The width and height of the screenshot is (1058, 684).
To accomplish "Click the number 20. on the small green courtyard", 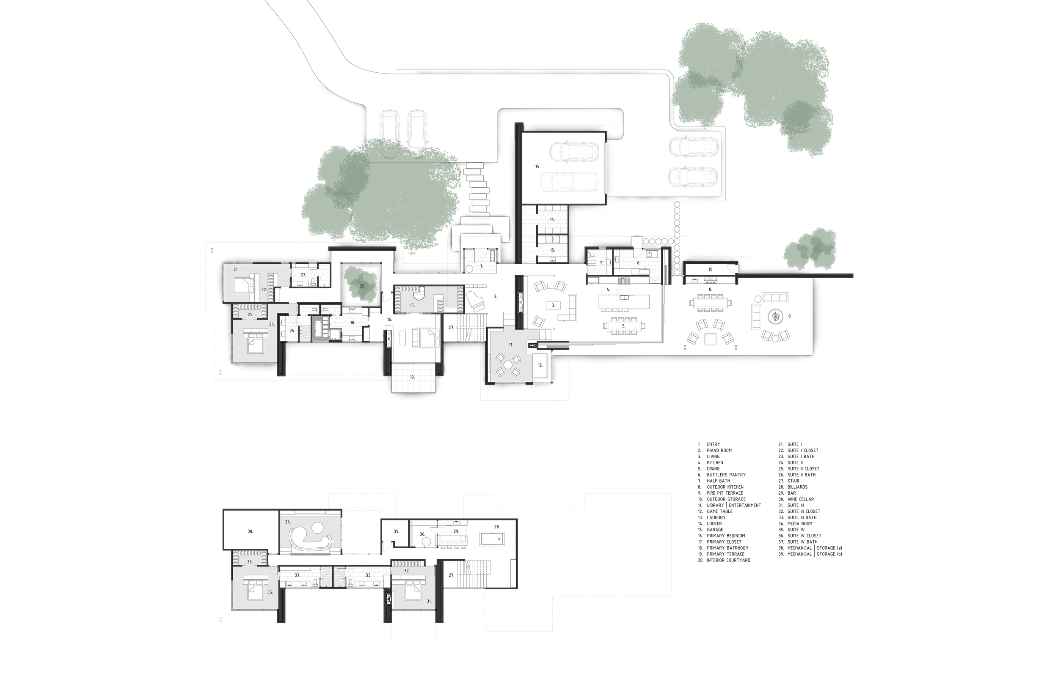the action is click(362, 286).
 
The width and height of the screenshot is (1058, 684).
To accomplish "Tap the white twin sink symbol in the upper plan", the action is click(320, 309).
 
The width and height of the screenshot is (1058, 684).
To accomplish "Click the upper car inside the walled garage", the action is click(574, 151).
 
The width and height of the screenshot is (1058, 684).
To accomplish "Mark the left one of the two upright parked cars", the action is click(388, 129).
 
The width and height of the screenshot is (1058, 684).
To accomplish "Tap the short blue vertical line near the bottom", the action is click(843, 558).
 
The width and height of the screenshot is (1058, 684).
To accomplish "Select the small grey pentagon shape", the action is click(469, 269).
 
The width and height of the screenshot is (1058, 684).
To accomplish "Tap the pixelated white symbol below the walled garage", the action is click(553, 239).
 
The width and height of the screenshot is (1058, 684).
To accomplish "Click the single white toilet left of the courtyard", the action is click(314, 282).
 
